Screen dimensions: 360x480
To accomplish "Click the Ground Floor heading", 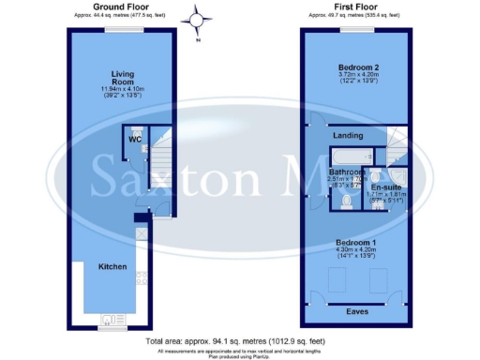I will point(119,6).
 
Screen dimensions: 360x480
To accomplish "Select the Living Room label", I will point(124,78).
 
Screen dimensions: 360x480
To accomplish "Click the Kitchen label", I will point(112,267).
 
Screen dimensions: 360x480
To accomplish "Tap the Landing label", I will point(348,135).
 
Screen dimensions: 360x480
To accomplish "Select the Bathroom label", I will point(345,172).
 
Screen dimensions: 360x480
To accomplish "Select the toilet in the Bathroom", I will point(348,201).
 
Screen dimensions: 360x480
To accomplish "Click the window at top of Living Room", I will point(120,28).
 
